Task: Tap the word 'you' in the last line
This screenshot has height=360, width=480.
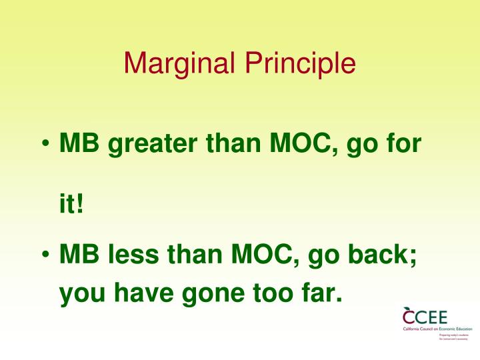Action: [x=80, y=293]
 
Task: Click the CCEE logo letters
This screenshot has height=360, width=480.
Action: [x=425, y=316]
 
